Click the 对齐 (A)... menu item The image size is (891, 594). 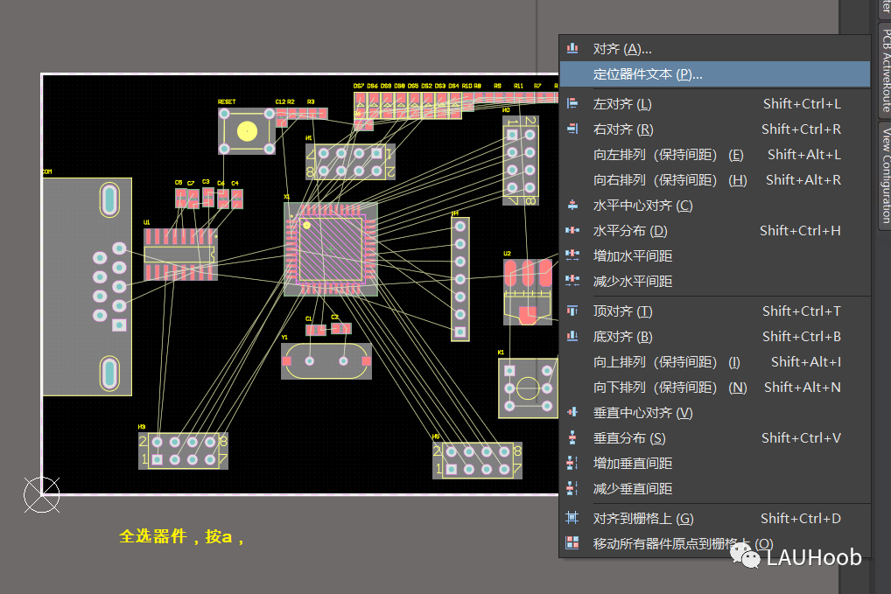[x=622, y=49]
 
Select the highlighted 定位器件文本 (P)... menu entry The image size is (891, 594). [x=648, y=74]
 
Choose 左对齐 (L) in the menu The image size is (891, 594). [x=622, y=104]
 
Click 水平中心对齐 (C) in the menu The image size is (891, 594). [x=642, y=206]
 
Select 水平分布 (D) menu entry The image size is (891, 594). [x=630, y=231]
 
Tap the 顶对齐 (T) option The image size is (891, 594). [x=622, y=311]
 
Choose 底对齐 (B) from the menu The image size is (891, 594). [x=622, y=337]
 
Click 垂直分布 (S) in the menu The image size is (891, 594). [x=629, y=438]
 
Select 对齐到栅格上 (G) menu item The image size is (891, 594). [x=642, y=519]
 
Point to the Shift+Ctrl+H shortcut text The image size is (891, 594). [x=800, y=231]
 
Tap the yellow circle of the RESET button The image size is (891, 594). [x=247, y=131]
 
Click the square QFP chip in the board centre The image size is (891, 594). [x=331, y=249]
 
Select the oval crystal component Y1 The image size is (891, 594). [x=326, y=360]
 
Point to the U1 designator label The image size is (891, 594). [x=147, y=222]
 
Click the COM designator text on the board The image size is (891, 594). [x=47, y=172]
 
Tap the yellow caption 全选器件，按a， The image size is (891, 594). [x=181, y=536]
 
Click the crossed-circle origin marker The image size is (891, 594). [x=41, y=495]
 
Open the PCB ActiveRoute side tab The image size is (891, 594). [x=885, y=69]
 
